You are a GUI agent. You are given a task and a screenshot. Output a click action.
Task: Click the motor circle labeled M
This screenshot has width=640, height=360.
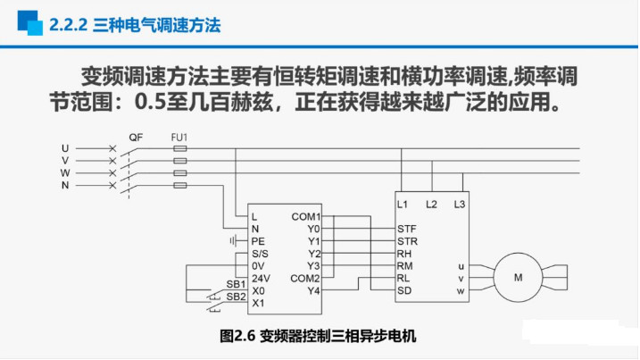(x=518, y=278)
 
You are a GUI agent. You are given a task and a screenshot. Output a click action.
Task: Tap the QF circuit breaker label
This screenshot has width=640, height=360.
(x=136, y=138)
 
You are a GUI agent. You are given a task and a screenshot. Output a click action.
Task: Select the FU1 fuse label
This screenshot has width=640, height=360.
(x=179, y=138)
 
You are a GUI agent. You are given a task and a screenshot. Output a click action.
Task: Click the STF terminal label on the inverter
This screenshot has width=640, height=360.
(x=407, y=229)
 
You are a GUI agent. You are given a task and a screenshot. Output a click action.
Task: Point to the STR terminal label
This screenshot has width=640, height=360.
(x=407, y=241)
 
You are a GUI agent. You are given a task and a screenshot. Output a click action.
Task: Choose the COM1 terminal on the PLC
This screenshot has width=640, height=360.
(x=306, y=216)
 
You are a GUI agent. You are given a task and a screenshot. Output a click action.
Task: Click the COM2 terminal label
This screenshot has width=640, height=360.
(x=306, y=278)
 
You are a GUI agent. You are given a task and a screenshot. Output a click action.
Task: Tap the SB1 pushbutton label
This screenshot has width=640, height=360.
(x=236, y=283)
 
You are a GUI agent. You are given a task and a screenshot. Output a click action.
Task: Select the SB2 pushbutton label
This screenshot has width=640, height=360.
(x=236, y=296)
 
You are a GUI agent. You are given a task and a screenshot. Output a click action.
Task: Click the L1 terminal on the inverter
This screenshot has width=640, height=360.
(x=403, y=205)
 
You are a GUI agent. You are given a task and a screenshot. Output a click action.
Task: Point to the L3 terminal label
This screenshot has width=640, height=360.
(x=460, y=205)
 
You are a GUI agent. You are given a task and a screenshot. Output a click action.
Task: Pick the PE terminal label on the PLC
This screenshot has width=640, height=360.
(x=259, y=241)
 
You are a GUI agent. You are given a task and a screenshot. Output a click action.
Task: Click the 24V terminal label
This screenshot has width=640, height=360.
(x=261, y=278)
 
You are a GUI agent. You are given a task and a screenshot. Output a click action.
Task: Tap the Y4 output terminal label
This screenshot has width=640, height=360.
(x=313, y=290)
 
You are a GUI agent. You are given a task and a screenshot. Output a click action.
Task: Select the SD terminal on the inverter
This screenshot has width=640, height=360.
(x=404, y=290)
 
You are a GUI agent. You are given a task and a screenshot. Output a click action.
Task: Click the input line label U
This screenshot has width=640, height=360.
(x=64, y=147)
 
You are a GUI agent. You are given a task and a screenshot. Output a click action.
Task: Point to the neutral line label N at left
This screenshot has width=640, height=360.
(x=64, y=185)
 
